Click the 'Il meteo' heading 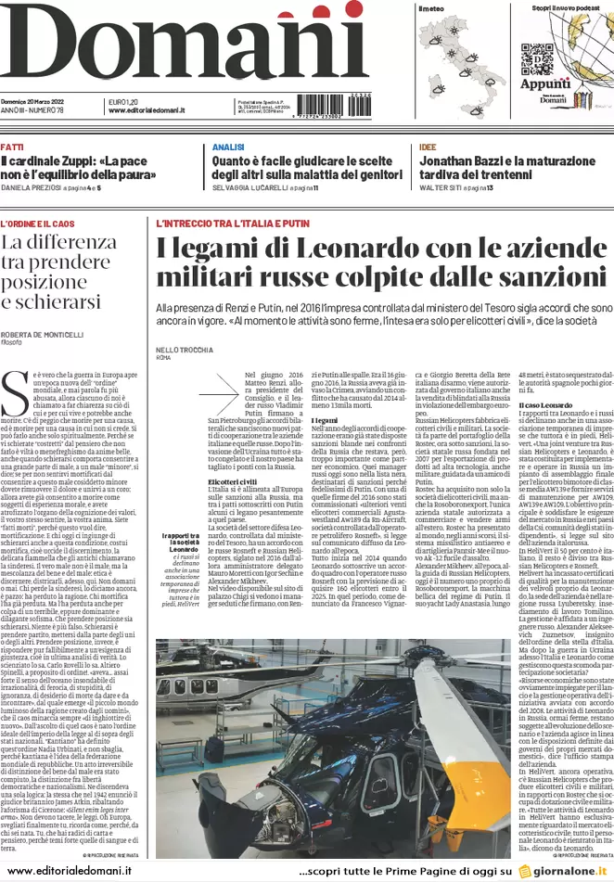click(431, 8)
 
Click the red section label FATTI click(12, 147)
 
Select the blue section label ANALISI click(227, 147)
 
